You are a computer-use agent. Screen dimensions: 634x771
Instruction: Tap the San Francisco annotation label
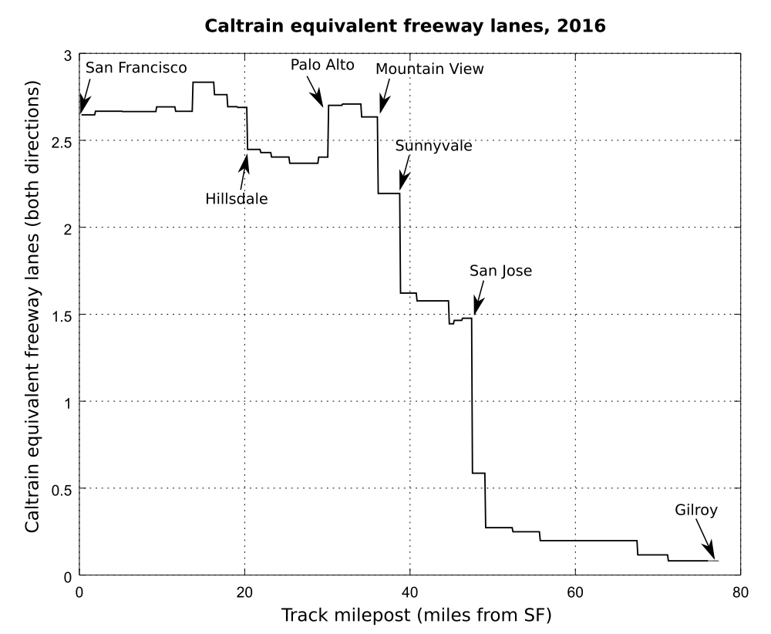[136, 68]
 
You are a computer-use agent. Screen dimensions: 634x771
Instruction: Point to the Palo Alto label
[322, 65]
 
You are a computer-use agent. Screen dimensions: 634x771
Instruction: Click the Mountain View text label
[429, 69]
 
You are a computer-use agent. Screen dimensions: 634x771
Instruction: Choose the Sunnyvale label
[433, 146]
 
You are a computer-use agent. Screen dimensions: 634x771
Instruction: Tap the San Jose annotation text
[501, 271]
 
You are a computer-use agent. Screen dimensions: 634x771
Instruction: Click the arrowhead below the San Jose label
[477, 306]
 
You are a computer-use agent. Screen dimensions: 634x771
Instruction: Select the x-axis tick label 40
[409, 591]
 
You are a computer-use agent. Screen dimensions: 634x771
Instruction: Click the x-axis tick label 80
[739, 591]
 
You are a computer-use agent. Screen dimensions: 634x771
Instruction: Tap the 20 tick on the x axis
[244, 591]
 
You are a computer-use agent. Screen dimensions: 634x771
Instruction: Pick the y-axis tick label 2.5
[61, 140]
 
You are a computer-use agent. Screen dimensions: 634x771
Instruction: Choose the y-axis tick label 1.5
[61, 315]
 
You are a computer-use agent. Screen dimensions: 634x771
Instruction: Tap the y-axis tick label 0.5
[61, 489]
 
